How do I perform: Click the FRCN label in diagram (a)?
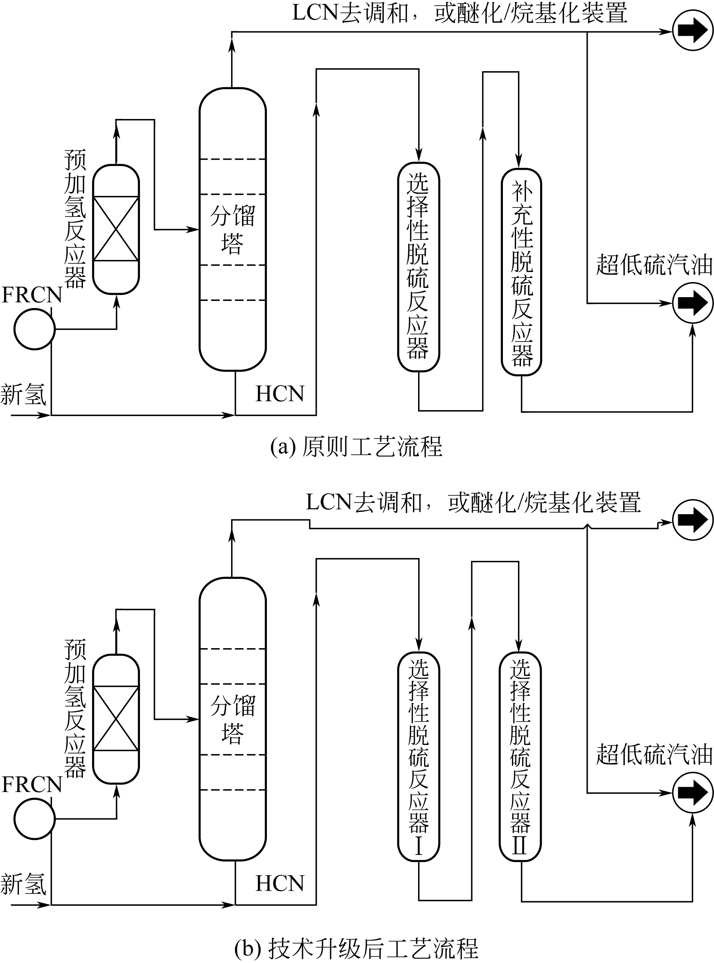[x=32, y=295]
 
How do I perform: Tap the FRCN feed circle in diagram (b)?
[x=35, y=819]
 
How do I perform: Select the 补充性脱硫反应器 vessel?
[x=521, y=272]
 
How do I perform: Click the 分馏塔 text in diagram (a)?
[x=233, y=229]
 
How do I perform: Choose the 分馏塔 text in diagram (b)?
[x=233, y=719]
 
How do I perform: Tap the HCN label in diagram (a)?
[x=280, y=394]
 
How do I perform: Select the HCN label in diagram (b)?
[x=280, y=884]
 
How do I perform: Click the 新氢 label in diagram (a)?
[x=23, y=395]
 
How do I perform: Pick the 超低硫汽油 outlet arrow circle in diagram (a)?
[x=693, y=303]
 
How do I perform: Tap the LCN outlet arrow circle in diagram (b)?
[x=693, y=520]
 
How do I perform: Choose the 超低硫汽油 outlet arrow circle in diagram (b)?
[x=693, y=792]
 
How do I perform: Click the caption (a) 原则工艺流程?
[x=356, y=447]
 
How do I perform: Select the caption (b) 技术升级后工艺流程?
[x=356, y=948]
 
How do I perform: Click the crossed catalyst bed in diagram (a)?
[x=116, y=229]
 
